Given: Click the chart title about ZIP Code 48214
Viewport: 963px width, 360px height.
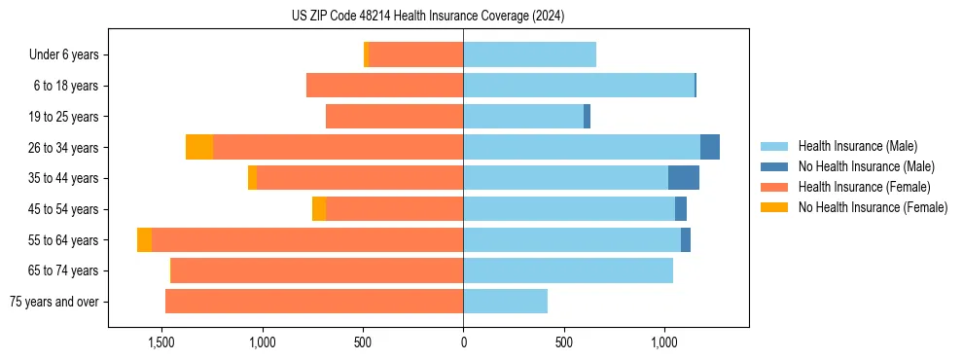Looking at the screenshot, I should tap(428, 17).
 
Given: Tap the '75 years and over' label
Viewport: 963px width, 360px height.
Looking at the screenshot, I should tap(54, 302).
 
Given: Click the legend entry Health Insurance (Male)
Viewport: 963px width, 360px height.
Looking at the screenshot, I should tap(857, 146).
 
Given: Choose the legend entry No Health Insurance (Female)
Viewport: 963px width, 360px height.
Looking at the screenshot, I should tap(873, 207).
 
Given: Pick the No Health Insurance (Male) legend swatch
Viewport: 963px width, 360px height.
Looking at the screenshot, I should tap(775, 166).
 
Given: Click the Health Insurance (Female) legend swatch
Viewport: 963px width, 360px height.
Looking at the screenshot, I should tap(775, 187).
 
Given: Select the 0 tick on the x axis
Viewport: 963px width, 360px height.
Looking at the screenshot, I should tap(463, 342).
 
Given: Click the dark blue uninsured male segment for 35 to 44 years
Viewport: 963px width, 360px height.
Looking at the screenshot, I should tap(684, 178).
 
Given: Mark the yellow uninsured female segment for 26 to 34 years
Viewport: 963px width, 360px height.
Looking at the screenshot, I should tap(199, 147).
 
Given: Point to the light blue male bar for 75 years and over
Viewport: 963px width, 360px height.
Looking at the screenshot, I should tap(505, 302).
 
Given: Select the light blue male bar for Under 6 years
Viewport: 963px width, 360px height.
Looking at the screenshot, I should tap(529, 54).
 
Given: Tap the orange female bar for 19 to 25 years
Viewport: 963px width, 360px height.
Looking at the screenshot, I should tap(394, 117).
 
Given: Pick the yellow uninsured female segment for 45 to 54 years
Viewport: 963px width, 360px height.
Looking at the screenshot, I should tap(319, 209).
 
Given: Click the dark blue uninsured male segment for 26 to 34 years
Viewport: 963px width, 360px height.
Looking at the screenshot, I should tap(710, 147).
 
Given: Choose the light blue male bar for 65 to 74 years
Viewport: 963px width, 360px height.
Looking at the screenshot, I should tap(568, 270).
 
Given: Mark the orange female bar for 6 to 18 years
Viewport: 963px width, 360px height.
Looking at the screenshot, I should tap(384, 86).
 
